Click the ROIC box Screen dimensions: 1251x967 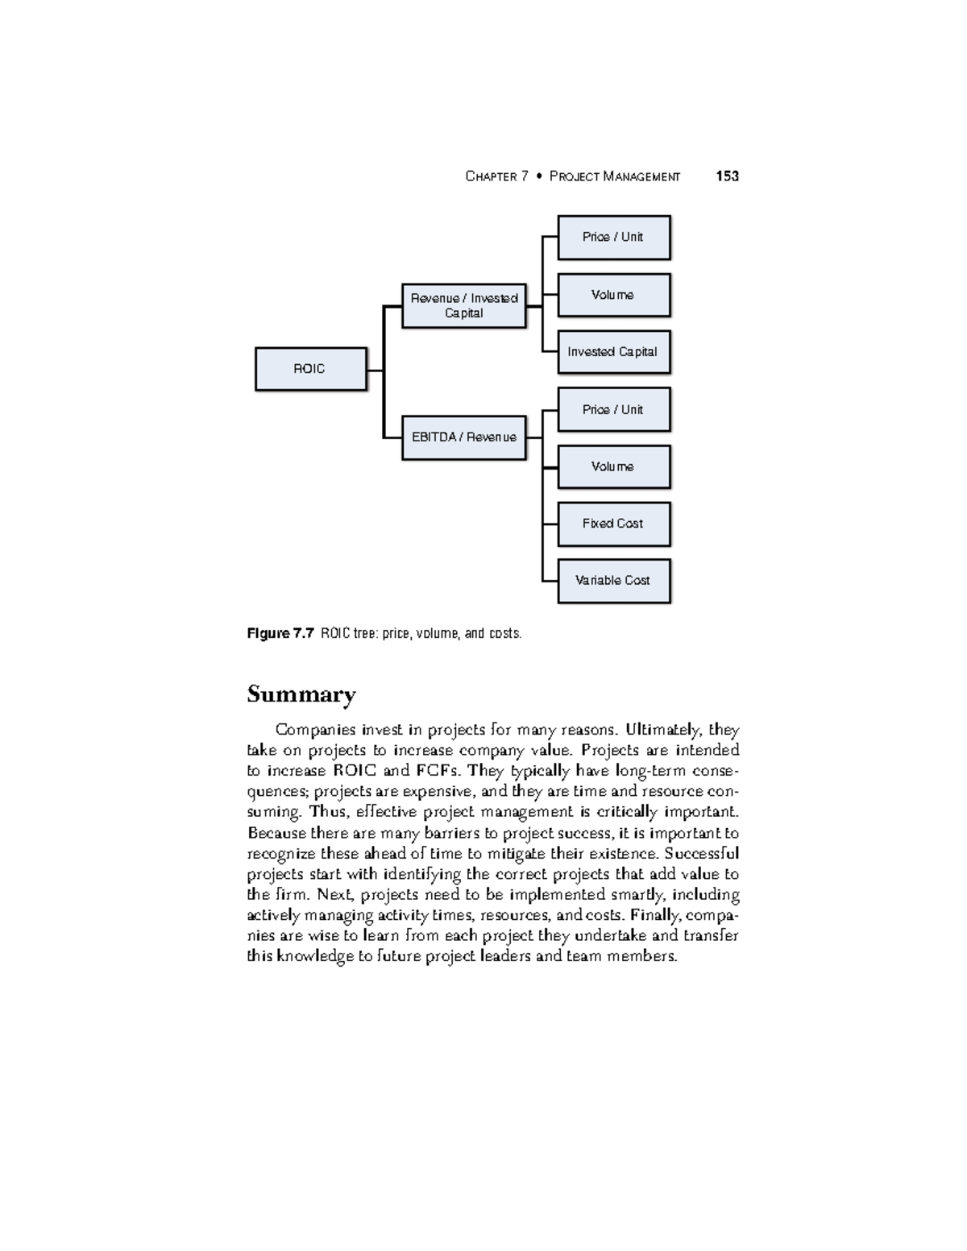pyautogui.click(x=310, y=369)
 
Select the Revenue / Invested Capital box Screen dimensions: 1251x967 pyautogui.click(x=463, y=305)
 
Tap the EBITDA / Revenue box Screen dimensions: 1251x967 pyautogui.click(x=463, y=437)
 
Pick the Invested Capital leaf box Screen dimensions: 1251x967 pyautogui.click(x=613, y=352)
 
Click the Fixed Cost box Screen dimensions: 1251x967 pyautogui.click(x=613, y=524)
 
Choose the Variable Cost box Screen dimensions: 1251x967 pyautogui.click(x=613, y=580)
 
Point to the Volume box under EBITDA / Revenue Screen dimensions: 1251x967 pyautogui.click(x=613, y=466)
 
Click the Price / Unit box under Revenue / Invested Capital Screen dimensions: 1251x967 pyautogui.click(x=613, y=237)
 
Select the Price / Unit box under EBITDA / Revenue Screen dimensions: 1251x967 pyautogui.click(x=613, y=409)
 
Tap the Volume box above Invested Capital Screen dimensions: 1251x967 pyautogui.click(x=613, y=295)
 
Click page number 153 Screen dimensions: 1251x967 pyautogui.click(x=727, y=176)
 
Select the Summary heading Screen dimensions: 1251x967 pyautogui.click(x=301, y=694)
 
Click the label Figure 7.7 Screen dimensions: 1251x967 pyautogui.click(x=280, y=634)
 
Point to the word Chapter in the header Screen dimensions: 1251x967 pyautogui.click(x=491, y=176)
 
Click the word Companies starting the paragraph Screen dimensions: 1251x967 pyautogui.click(x=316, y=730)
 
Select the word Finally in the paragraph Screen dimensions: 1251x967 pyautogui.click(x=657, y=915)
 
